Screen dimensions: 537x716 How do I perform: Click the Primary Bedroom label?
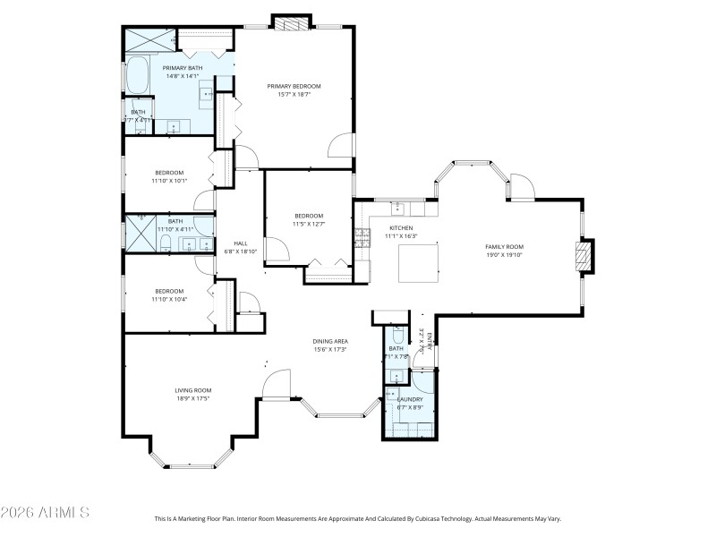pyautogui.click(x=294, y=86)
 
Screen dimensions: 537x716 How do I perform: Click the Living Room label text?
pyautogui.click(x=192, y=390)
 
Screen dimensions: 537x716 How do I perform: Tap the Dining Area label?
pyautogui.click(x=329, y=341)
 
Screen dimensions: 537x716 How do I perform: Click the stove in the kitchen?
pyautogui.click(x=362, y=237)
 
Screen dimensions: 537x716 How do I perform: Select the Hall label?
pyautogui.click(x=240, y=243)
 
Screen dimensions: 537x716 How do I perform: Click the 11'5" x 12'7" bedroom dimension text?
pyautogui.click(x=309, y=224)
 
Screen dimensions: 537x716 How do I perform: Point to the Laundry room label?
pyautogui.click(x=410, y=399)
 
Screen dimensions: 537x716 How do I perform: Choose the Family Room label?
pyautogui.click(x=504, y=246)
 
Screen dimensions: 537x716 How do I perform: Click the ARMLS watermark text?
pyautogui.click(x=45, y=513)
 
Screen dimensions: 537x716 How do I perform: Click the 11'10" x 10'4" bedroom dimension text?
pyautogui.click(x=169, y=299)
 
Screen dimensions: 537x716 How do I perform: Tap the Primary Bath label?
pyautogui.click(x=182, y=68)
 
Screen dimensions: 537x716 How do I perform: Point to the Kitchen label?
pyautogui.click(x=400, y=228)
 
